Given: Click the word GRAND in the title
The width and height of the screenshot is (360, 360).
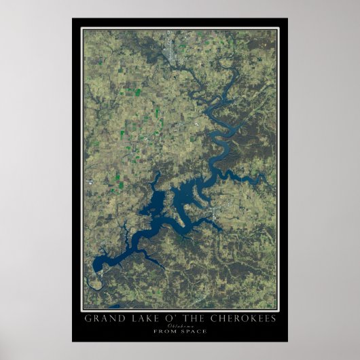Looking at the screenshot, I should tap(101, 318).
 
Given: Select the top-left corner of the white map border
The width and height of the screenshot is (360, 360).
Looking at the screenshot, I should tap(82, 28).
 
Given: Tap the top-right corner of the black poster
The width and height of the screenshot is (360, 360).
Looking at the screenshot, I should tap(287, 18).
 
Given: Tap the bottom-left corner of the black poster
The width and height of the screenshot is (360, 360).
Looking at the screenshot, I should tap(73, 342).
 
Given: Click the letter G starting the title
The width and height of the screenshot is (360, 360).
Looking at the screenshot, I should tap(87, 318).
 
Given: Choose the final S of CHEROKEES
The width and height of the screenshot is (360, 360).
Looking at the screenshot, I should tap(274, 318).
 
